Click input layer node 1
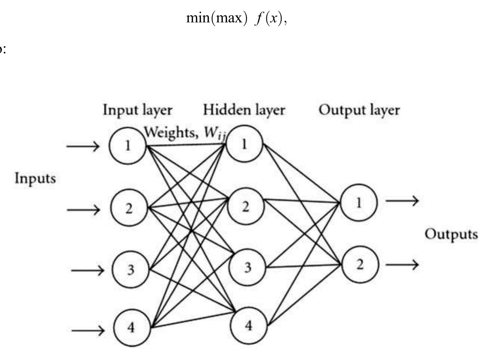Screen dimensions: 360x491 pos(128,146)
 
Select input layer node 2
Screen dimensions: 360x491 pos(129,208)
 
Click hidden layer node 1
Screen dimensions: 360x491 pos(244,143)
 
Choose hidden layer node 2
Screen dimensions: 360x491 pos(245,205)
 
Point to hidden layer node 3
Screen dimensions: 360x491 pos(247,267)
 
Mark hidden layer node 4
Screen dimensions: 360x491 pos(248,325)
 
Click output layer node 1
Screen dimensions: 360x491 pos(359,202)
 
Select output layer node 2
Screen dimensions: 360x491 pos(360,264)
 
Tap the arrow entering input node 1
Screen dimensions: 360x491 pos(83,146)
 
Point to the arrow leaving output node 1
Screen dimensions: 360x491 pos(402,201)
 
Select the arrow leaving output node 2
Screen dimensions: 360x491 pos(402,265)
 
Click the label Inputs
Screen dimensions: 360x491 pos(35,179)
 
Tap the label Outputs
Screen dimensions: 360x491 pos(451,234)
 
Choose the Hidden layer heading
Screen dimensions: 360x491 pos(244,110)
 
